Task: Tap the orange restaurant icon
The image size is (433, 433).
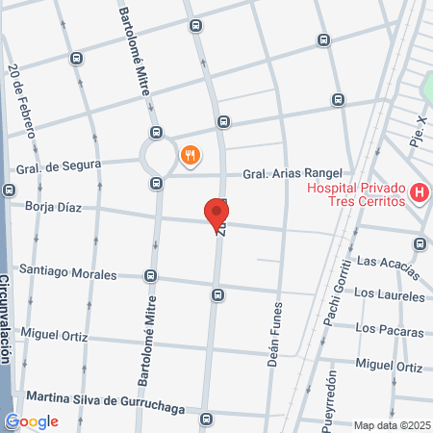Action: (190, 154)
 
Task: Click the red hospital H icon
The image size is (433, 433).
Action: (419, 193)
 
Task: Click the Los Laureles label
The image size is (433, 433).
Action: (389, 293)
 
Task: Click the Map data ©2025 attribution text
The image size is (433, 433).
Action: (390, 425)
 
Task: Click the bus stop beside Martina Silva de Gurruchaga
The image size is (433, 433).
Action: (207, 419)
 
